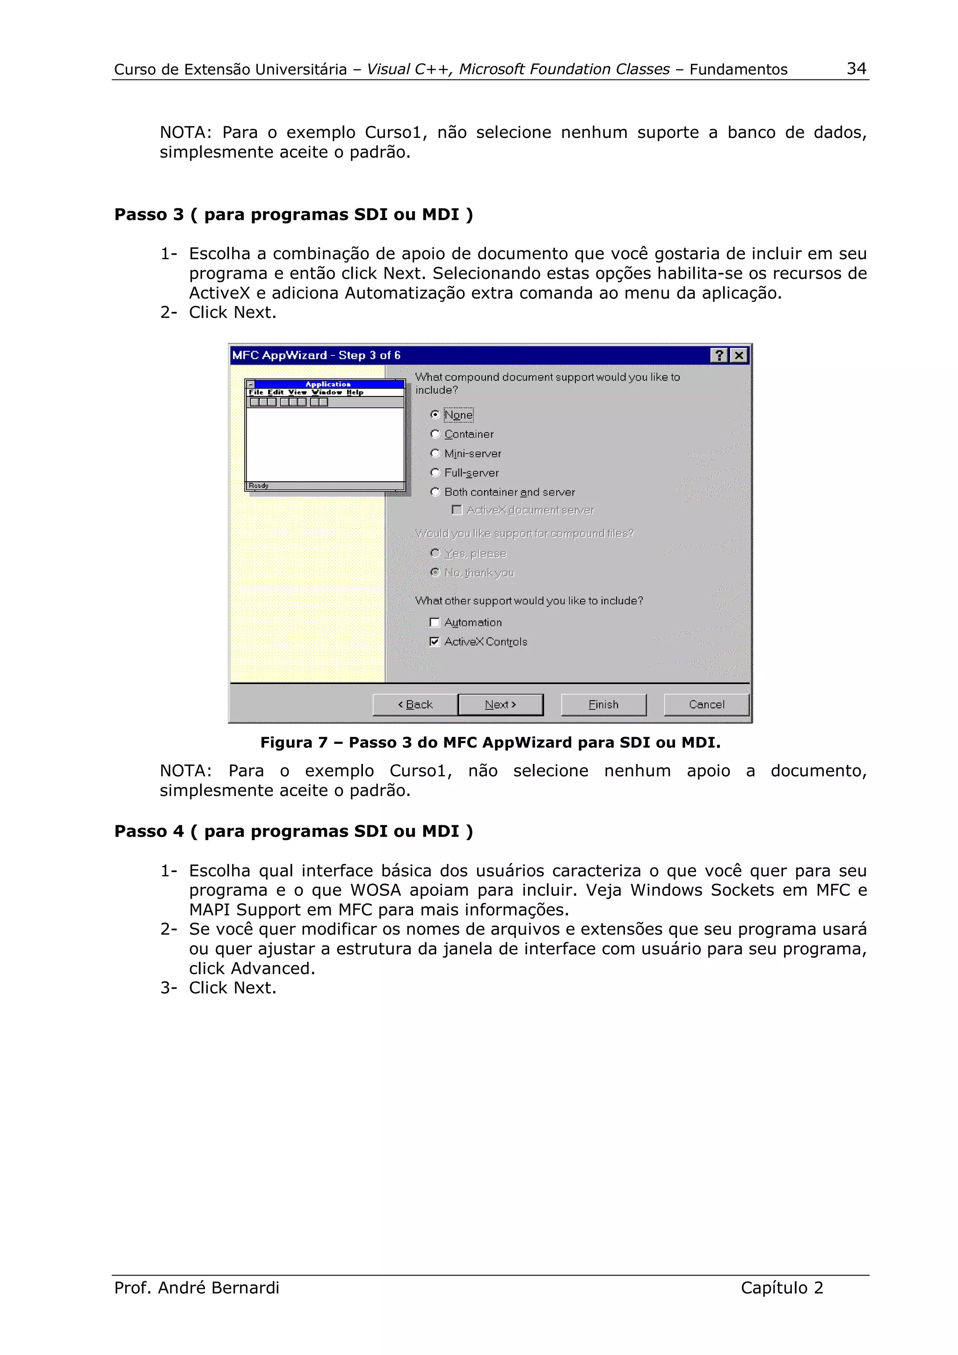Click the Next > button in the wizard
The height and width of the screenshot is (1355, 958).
(500, 705)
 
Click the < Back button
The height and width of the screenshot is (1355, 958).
(415, 705)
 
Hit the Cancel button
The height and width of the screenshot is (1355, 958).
(706, 705)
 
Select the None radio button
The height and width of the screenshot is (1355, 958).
(435, 415)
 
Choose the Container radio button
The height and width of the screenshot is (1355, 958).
(435, 434)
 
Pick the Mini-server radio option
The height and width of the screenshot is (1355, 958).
(435, 453)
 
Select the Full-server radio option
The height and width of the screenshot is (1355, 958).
(435, 473)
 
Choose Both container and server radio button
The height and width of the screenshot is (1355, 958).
(435, 492)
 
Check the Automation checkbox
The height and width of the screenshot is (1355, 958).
(435, 623)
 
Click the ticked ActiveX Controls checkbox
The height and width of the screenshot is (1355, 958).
(435, 642)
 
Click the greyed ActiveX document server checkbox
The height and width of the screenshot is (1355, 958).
(456, 510)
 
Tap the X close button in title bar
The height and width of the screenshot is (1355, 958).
(739, 355)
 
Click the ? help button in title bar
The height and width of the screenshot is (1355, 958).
(719, 355)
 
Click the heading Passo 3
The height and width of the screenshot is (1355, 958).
(293, 214)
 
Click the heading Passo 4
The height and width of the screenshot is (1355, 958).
(293, 831)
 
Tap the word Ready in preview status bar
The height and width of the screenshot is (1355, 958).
(259, 486)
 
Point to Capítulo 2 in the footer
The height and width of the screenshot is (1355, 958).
(782, 1287)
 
